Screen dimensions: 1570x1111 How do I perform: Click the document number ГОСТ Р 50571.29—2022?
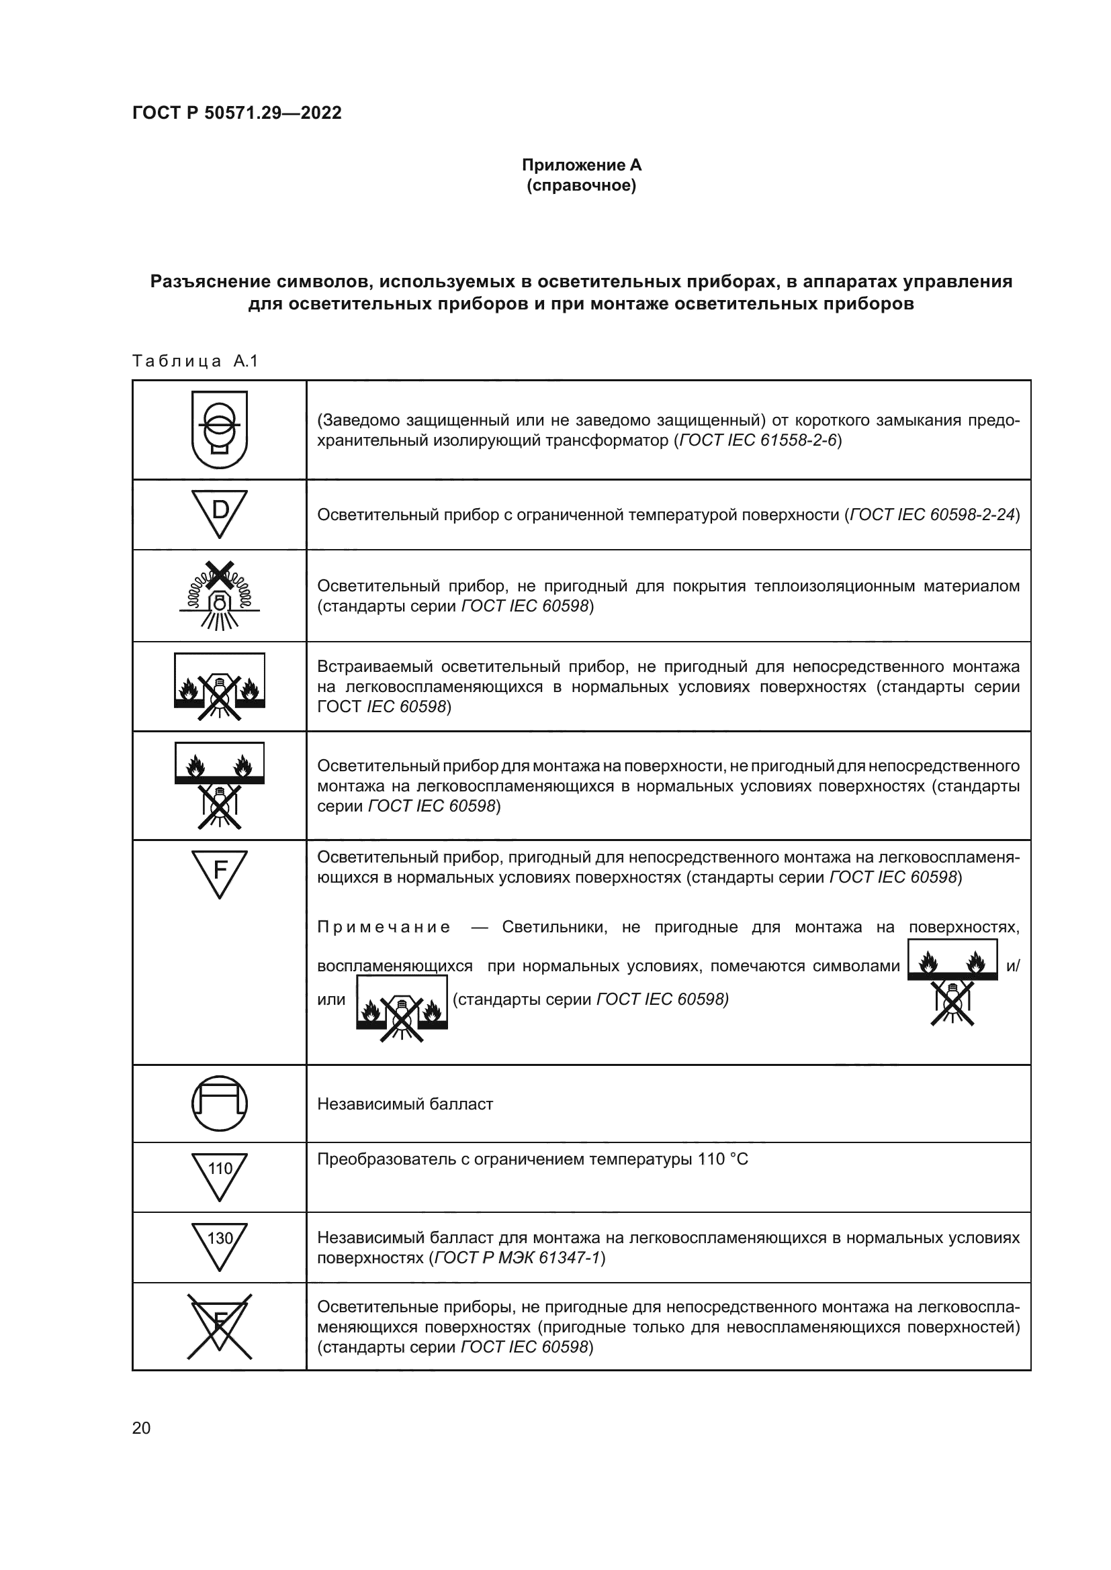236,113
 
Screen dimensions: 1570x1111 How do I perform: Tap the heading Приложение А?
582,165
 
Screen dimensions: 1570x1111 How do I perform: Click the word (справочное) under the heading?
582,186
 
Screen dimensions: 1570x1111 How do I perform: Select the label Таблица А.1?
195,361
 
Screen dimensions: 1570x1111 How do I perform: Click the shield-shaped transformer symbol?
220,430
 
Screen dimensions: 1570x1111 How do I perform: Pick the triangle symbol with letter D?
220,513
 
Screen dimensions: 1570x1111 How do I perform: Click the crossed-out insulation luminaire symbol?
220,595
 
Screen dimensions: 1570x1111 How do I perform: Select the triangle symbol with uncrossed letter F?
220,873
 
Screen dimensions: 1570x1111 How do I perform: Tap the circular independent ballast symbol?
220,1103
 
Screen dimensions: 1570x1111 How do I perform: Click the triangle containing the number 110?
220,1175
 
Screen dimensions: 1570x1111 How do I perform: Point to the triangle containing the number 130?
220,1245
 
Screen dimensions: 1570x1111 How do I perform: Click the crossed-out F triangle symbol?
220,1326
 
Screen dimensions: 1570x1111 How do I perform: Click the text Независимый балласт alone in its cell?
405,1104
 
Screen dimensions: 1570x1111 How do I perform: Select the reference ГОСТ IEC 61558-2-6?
757,440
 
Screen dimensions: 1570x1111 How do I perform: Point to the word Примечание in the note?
384,927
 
